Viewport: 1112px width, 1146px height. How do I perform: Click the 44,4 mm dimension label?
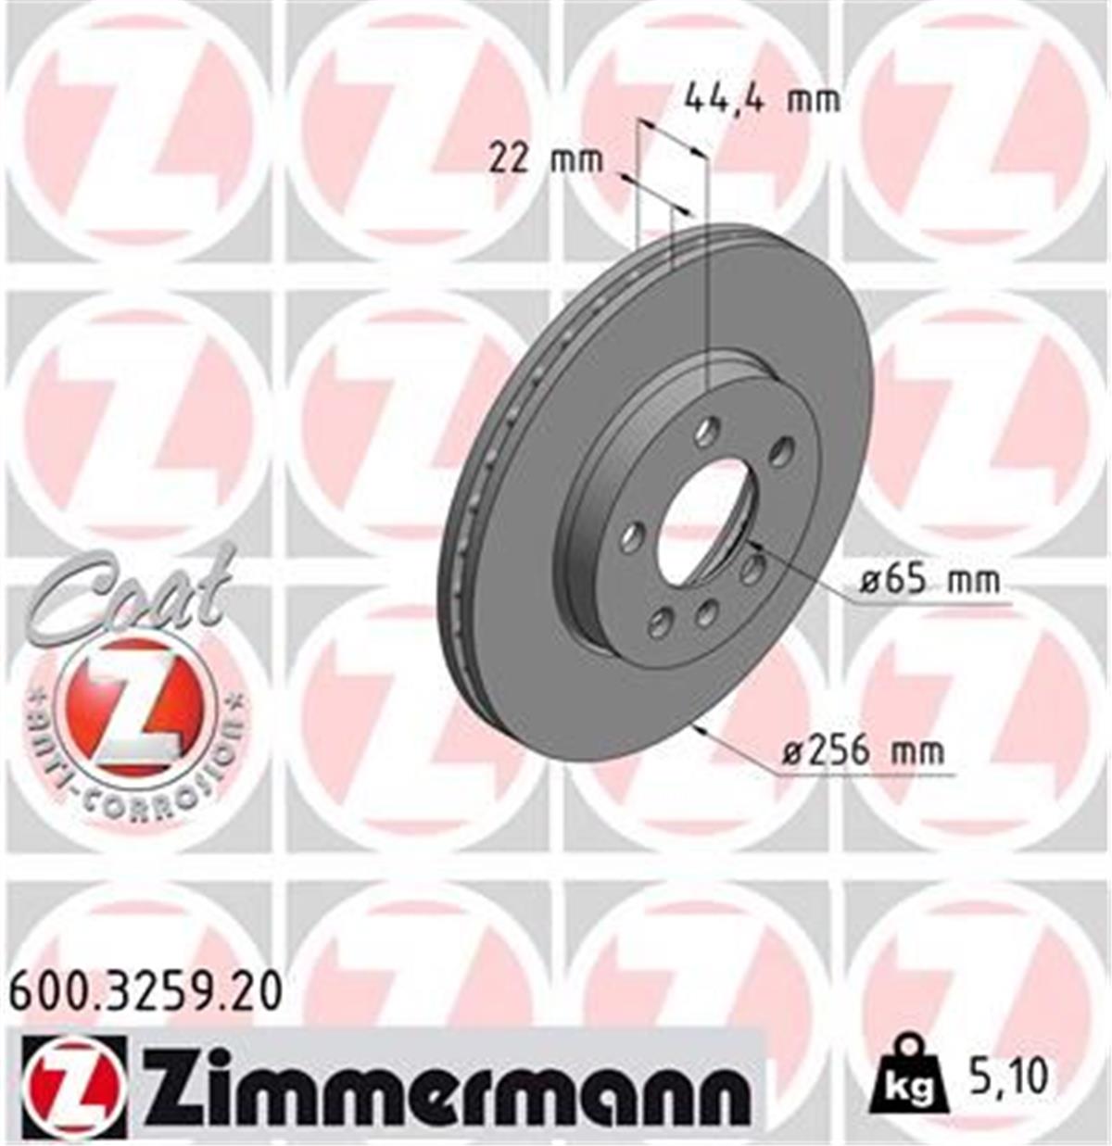(x=762, y=97)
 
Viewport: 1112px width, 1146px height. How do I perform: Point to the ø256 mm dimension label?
(x=864, y=749)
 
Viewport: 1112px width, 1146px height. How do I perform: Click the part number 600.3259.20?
(x=144, y=992)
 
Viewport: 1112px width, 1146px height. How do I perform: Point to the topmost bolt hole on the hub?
(x=709, y=429)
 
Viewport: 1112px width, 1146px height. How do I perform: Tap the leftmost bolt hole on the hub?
(x=634, y=536)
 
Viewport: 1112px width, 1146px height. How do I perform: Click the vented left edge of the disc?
(x=463, y=519)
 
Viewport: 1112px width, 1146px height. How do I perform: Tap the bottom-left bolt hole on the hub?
(x=660, y=623)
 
